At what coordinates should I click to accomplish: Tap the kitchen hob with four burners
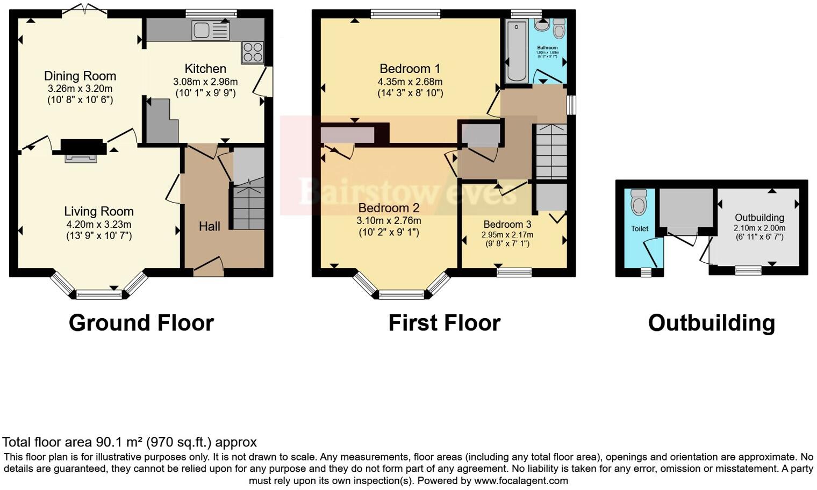pos(252,52)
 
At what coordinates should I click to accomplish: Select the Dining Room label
pos(80,76)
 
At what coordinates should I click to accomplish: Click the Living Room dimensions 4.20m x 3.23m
pos(98,225)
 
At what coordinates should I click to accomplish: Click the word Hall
pos(209,227)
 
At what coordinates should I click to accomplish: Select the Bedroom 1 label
pos(410,69)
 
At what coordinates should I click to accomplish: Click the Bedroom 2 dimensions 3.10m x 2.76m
pos(389,221)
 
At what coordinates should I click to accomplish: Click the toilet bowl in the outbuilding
pos(639,203)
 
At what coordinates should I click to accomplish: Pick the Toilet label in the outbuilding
pos(639,229)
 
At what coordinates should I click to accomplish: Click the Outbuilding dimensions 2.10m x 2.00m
pos(759,228)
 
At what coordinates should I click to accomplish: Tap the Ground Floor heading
pos(141,323)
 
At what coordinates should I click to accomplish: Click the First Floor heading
pos(444,323)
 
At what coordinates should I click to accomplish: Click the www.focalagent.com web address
pos(521,481)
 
